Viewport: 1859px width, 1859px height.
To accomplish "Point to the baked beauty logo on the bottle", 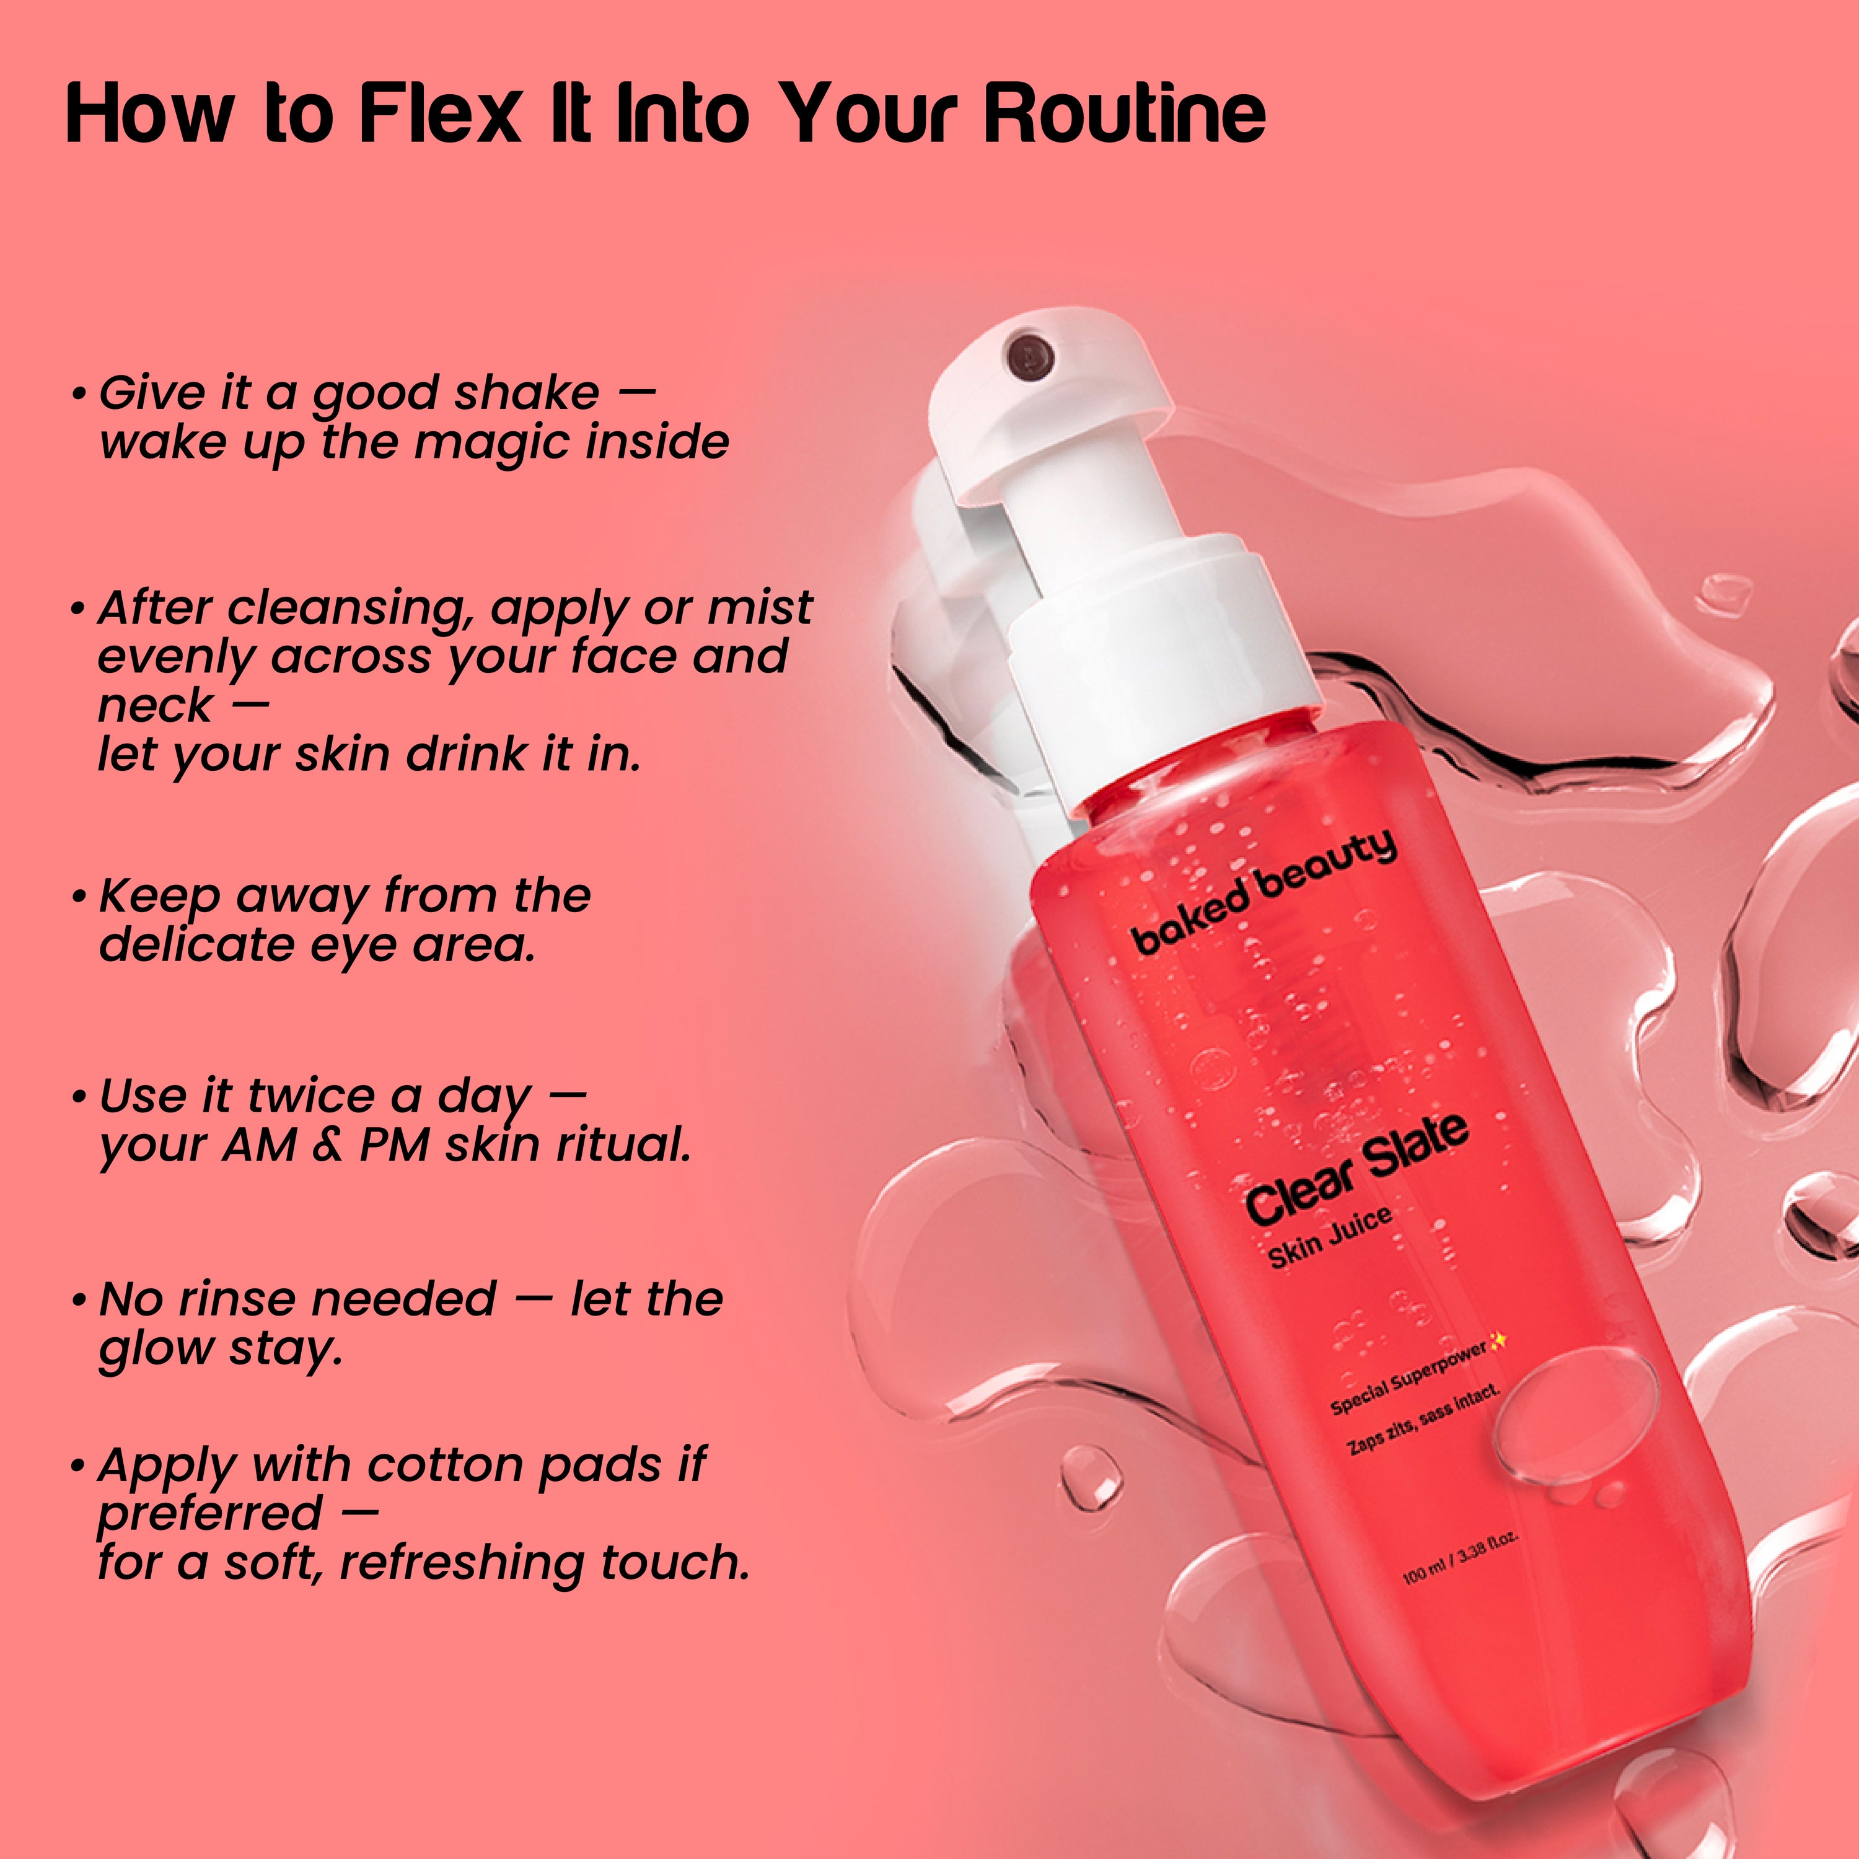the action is coord(1264,891).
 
